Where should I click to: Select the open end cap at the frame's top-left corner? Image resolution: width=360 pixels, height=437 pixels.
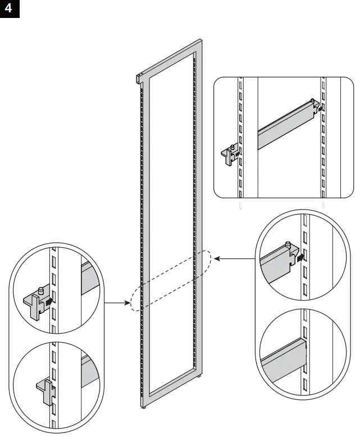pos(138,79)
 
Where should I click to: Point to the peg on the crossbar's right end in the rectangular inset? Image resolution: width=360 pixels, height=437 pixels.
pos(312,101)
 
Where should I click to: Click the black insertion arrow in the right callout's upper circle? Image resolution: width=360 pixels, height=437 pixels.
pos(302,257)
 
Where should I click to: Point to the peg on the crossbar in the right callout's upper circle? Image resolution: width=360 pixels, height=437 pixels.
pos(288,244)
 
